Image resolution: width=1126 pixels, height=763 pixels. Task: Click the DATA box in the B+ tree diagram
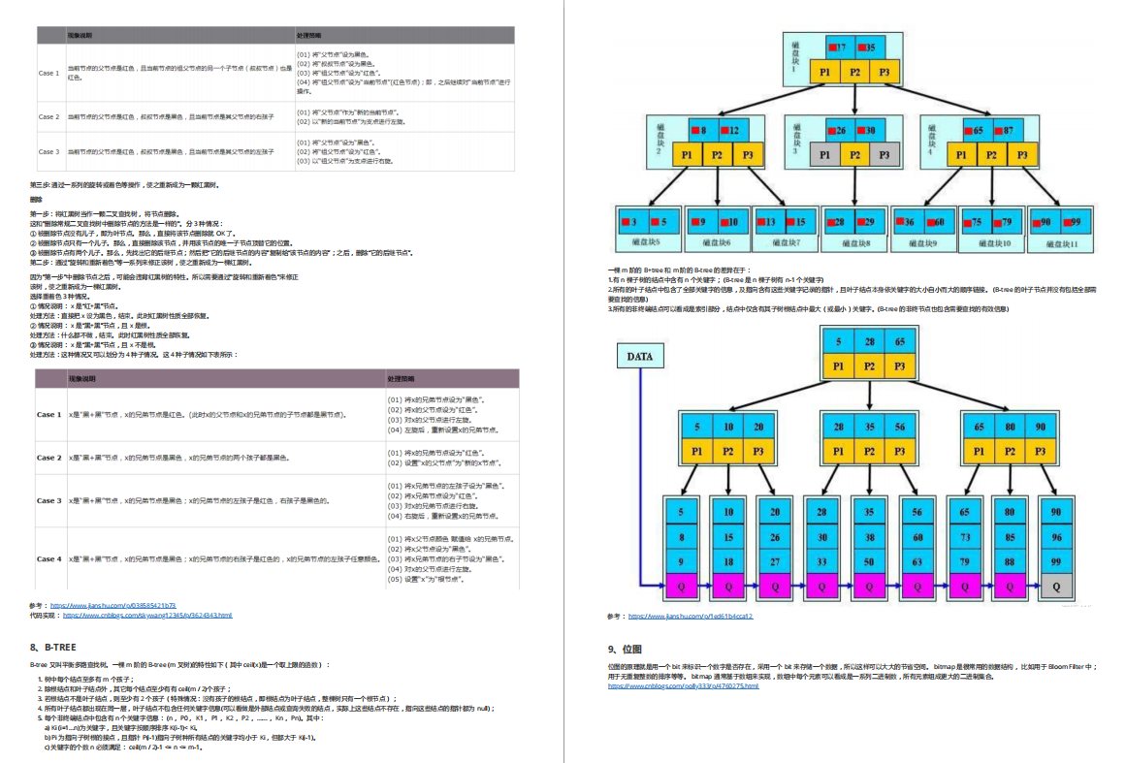pos(639,356)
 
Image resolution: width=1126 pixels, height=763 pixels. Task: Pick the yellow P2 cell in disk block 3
pos(853,154)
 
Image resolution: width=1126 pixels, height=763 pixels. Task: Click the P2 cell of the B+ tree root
pos(870,366)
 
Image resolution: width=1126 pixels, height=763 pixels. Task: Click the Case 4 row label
pos(47,558)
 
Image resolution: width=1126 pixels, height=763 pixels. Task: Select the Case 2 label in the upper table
pos(48,116)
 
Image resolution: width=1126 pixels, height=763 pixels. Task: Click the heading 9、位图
pos(625,649)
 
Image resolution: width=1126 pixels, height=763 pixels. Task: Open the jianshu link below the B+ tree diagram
pos(691,616)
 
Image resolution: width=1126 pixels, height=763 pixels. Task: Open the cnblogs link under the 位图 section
pos(683,685)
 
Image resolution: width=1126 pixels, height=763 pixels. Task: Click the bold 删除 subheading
pos(37,200)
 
